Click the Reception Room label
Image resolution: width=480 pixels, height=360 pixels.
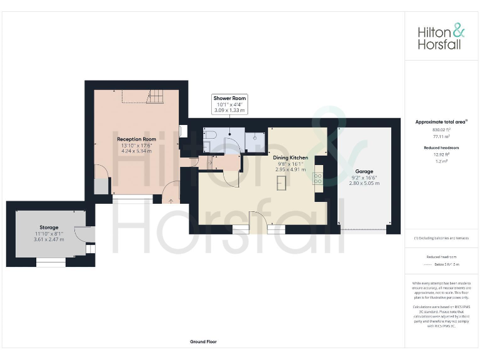tap(136, 139)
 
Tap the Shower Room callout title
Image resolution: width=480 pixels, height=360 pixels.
tap(230, 98)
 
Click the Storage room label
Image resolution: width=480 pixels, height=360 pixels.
tap(49, 227)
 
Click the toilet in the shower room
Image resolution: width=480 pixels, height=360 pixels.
tap(209, 135)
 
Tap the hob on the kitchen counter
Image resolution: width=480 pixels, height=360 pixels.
tap(317, 177)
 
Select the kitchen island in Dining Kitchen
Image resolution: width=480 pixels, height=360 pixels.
tap(282, 182)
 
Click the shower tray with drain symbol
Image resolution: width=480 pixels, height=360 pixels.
tap(254, 141)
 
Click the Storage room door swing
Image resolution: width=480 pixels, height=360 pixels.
tap(81, 234)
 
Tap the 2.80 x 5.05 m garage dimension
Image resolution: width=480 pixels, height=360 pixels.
tap(364, 183)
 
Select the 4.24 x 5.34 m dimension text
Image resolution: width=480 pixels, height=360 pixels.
tap(136, 151)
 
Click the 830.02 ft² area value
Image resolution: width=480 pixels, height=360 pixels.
tap(441, 129)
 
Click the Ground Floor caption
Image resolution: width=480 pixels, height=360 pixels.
tap(203, 342)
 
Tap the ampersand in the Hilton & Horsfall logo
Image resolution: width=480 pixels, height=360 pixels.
tap(458, 30)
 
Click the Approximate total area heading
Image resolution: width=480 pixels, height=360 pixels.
tap(440, 122)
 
